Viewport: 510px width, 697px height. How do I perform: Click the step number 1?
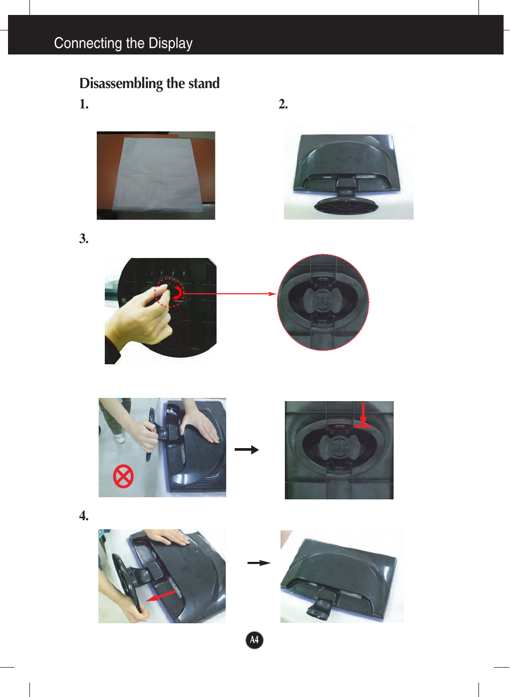tap(84, 104)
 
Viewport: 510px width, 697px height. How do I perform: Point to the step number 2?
tap(283, 104)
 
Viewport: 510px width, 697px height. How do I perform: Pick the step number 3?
tap(84, 239)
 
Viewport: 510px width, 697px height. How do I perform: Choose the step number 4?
tap(84, 515)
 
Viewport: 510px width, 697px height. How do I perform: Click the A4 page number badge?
tap(254, 640)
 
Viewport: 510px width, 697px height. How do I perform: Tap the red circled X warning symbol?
tap(123, 476)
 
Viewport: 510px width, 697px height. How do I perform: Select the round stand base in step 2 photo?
tap(346, 206)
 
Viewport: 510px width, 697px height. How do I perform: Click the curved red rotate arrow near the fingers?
tap(178, 293)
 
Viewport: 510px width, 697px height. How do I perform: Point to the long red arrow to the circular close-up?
tap(230, 293)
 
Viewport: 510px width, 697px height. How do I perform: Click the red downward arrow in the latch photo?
tap(363, 415)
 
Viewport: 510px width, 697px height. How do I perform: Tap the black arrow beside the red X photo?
tap(246, 450)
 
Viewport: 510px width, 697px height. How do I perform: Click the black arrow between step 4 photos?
tap(259, 563)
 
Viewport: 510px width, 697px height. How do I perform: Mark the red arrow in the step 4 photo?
tap(161, 596)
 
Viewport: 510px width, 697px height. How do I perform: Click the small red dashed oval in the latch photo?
tap(339, 425)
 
